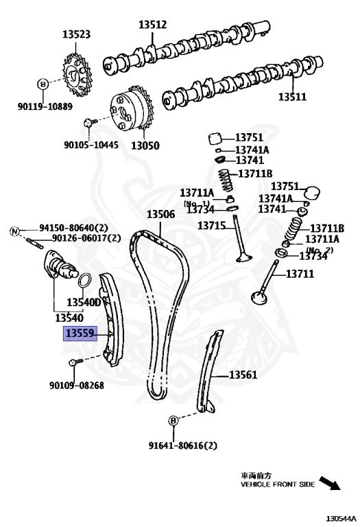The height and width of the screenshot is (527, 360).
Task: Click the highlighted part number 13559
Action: [x=79, y=333]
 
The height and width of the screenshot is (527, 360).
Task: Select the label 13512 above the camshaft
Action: [x=153, y=24]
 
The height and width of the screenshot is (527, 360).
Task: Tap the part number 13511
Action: [x=291, y=97]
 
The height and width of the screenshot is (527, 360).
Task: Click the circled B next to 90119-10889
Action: [x=43, y=84]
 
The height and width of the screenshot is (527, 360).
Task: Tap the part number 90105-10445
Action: [x=91, y=145]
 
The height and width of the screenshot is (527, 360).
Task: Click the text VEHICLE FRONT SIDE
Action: [x=277, y=484]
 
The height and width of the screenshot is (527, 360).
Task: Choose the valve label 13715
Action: [x=212, y=225]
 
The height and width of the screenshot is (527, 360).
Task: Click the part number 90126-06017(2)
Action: [x=86, y=238]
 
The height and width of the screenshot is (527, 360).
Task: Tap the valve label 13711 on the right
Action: [x=300, y=274]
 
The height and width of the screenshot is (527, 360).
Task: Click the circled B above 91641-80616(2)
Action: [x=173, y=420]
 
